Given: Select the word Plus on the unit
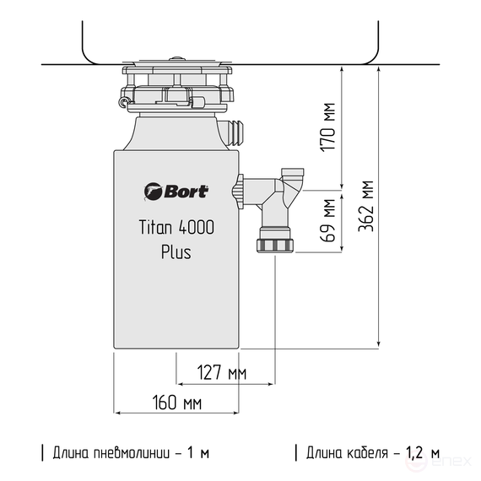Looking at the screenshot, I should (x=176, y=251).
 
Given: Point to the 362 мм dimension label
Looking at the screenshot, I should (x=366, y=207).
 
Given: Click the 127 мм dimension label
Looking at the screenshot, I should (x=221, y=371).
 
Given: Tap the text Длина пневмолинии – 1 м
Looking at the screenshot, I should (x=131, y=453).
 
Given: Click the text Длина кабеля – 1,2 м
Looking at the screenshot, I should (x=372, y=453).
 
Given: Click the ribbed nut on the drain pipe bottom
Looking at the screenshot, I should (x=275, y=246).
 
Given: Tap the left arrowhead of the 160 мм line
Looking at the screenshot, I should (x=117, y=413).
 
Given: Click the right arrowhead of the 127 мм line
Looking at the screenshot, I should (x=272, y=382).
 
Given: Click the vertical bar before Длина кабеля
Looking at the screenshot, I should (x=296, y=453).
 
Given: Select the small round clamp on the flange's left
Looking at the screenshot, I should (x=125, y=103).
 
